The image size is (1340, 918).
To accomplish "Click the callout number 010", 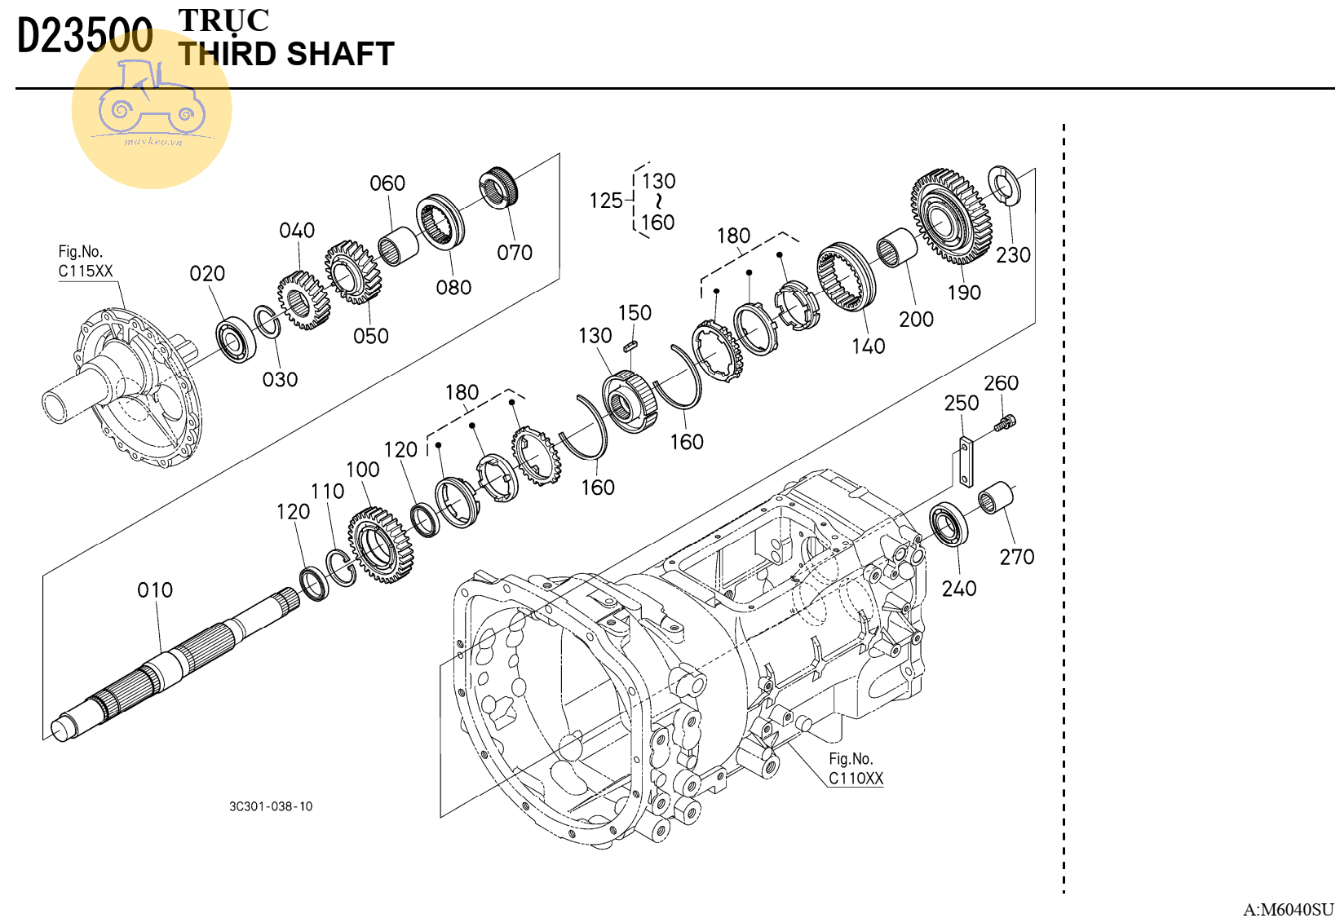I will pyautogui.click(x=155, y=589).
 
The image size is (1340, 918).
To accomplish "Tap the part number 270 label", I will pyautogui.click(x=1016, y=557).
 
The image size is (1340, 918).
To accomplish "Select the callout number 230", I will pyautogui.click(x=1013, y=255).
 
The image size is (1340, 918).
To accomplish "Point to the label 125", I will pyautogui.click(x=605, y=201).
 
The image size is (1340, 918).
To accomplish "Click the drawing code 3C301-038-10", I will pyautogui.click(x=271, y=806).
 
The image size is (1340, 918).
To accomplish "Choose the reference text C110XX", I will pyautogui.click(x=856, y=779).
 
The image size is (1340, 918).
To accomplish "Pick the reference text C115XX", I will pyautogui.click(x=86, y=271).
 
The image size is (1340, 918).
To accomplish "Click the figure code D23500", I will pyautogui.click(x=85, y=37).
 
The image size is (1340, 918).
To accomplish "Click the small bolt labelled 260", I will pyautogui.click(x=1006, y=422).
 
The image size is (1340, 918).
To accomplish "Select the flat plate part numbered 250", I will pyautogui.click(x=966, y=462).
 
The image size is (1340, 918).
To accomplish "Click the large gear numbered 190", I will pyautogui.click(x=950, y=217).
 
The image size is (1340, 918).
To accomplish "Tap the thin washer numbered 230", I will pyautogui.click(x=1004, y=185).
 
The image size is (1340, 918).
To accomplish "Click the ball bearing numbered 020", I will pyautogui.click(x=237, y=339).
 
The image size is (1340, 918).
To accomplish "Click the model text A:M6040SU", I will pyautogui.click(x=1288, y=909).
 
